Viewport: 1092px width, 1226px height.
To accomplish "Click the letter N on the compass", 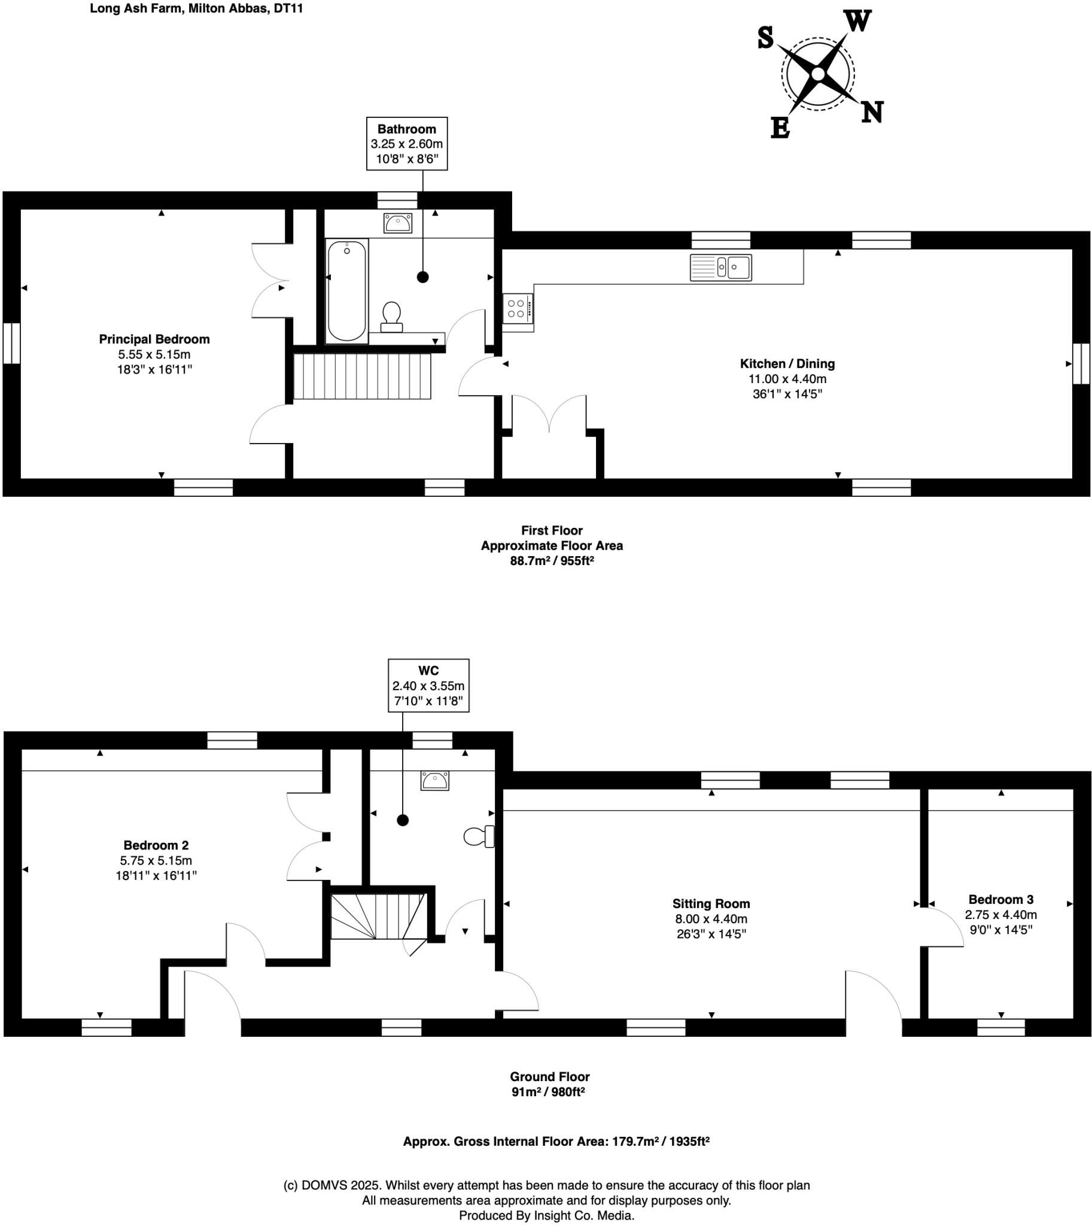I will coord(872,112).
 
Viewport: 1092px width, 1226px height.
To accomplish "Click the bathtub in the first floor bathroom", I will coord(347,291).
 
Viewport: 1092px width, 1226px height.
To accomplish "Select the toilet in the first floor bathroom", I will coord(391,317).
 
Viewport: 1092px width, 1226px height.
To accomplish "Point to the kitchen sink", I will coord(720,267).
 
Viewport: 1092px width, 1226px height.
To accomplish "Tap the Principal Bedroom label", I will coord(154,339).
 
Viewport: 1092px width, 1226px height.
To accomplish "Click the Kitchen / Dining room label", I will coord(787,364).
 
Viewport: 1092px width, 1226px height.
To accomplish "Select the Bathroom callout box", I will coord(407,144).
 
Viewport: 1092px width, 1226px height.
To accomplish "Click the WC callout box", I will coord(428,685).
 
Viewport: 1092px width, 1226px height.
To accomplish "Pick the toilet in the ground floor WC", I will coord(479,836).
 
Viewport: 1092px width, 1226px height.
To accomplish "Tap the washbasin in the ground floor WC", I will coord(434,781).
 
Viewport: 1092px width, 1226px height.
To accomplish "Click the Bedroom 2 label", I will coord(156,845).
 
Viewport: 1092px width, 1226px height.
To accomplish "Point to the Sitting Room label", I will coord(711,903).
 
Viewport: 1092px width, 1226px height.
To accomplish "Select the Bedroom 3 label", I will coord(1001,899).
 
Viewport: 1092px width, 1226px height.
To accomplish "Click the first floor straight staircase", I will coord(363,377).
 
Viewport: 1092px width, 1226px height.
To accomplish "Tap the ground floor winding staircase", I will coord(378,917).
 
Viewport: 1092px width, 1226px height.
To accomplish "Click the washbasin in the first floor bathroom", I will coord(397,223).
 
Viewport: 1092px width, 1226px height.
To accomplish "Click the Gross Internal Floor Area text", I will coord(556,1142).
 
